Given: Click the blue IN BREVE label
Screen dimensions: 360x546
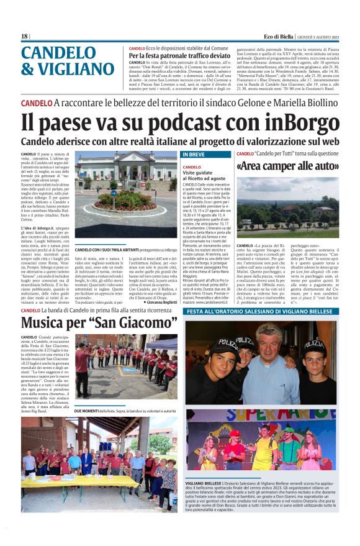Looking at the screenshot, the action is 194,153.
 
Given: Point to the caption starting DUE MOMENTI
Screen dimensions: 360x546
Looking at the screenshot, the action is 125,411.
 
